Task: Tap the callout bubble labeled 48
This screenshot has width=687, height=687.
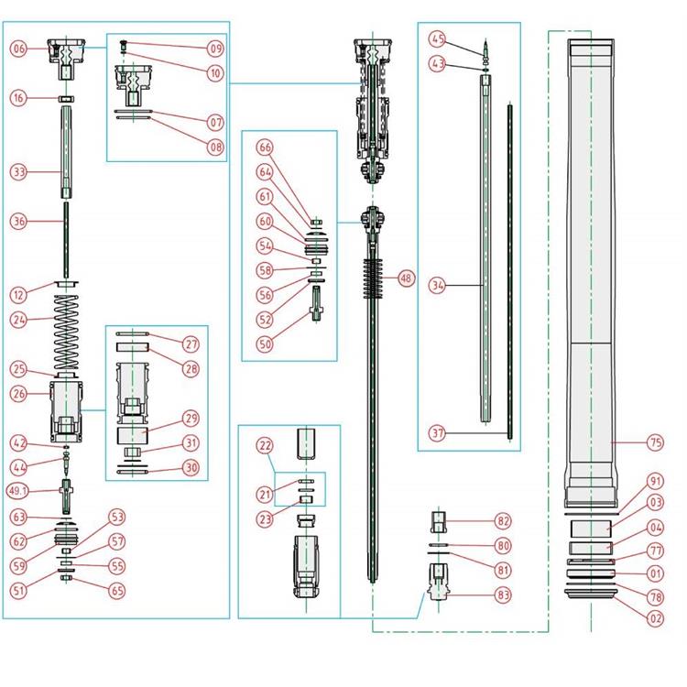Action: (404, 278)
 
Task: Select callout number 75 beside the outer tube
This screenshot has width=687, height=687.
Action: (655, 442)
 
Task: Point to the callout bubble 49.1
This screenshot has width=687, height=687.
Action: (19, 490)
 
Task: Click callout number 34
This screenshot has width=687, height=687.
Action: (437, 286)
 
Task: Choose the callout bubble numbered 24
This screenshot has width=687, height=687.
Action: (19, 321)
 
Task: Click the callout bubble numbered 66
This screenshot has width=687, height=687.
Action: (266, 147)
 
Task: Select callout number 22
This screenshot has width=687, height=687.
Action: (266, 445)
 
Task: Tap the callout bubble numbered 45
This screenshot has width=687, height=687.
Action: (437, 39)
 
